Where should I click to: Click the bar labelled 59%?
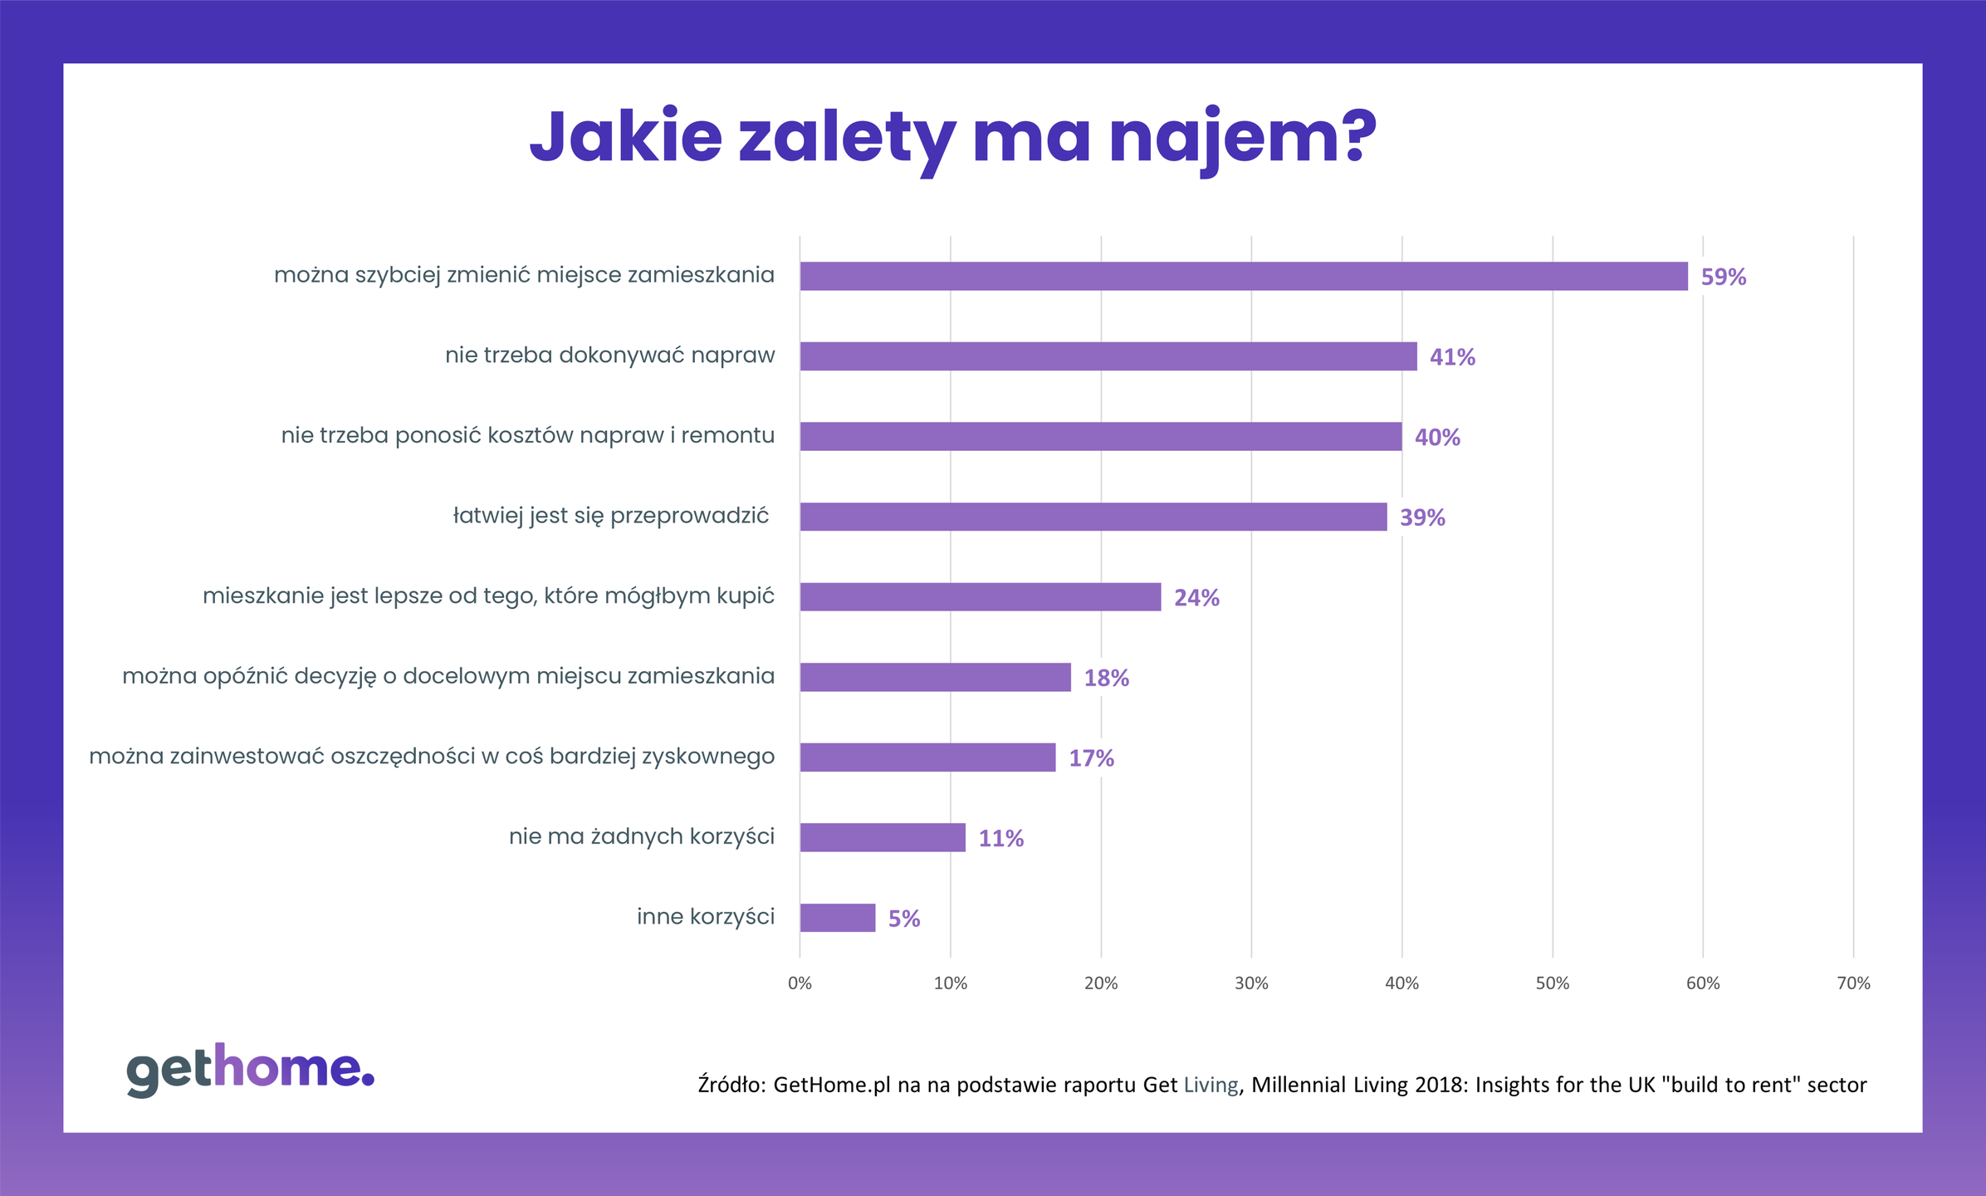[x=1243, y=276]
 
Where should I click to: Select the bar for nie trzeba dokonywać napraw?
[x=1108, y=356]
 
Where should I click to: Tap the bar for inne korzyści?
[x=837, y=918]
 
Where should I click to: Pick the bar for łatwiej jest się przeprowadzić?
[x=1093, y=517]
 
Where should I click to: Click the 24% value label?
[x=1196, y=598]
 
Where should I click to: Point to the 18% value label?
[x=1106, y=678]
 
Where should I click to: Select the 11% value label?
[x=1000, y=839]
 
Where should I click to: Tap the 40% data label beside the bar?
[x=1436, y=438]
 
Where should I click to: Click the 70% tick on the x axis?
[x=1852, y=983]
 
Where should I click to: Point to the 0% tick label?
[x=800, y=983]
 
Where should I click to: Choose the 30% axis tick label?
[x=1250, y=983]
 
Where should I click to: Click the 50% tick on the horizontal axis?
[x=1552, y=983]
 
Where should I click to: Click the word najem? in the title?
[x=1242, y=137]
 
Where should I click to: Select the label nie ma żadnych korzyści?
[x=641, y=836]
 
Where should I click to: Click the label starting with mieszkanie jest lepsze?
[x=488, y=596]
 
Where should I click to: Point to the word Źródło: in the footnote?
[x=731, y=1085]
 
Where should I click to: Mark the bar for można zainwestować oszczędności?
[x=927, y=757]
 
